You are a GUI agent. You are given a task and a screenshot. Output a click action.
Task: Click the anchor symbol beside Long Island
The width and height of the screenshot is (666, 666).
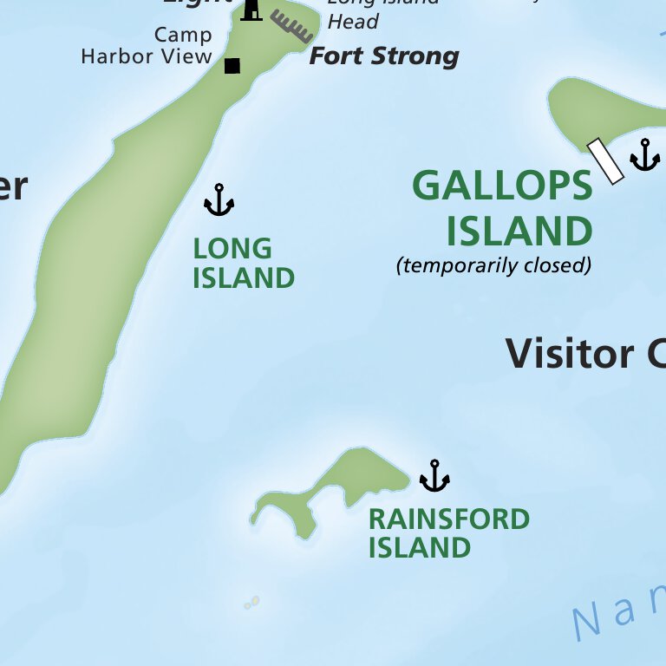pos(219,200)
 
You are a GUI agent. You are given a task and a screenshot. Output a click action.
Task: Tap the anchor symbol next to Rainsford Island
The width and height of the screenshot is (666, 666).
pos(434,476)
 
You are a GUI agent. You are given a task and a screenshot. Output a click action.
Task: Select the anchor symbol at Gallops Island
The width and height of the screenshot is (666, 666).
pos(644,155)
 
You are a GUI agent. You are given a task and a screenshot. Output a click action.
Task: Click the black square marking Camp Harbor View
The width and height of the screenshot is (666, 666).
pos(232,66)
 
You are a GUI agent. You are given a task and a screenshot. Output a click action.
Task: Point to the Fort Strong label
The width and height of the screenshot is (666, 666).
pos(384,57)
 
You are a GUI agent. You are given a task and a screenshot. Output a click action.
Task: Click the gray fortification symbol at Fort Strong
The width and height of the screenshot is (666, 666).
pos(291,26)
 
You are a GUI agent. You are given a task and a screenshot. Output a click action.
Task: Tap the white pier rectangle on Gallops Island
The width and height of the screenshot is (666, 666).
pos(605,161)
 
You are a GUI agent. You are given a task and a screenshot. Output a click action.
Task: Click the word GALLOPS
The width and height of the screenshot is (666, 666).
pos(502,186)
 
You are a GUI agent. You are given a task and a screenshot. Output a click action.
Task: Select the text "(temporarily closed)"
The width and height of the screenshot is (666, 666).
pos(493,265)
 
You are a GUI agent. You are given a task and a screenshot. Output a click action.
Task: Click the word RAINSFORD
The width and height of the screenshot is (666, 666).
pos(448,519)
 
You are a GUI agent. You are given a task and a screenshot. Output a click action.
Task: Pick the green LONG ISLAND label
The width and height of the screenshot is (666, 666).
pos(243,264)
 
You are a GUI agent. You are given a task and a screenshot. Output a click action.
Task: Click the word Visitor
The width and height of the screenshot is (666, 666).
pos(570,354)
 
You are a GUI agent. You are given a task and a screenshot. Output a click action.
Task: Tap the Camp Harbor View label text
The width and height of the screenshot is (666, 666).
pos(147,46)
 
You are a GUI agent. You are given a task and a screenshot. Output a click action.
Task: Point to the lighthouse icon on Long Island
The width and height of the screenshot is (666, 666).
pos(251,10)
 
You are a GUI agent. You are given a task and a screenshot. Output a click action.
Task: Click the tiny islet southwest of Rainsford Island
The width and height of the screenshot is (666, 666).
pos(252,602)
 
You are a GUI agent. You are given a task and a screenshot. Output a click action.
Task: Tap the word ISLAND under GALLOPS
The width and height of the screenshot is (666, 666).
pos(519,232)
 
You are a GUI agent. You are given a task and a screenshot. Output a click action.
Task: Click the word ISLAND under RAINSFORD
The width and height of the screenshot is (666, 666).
pos(419,548)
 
